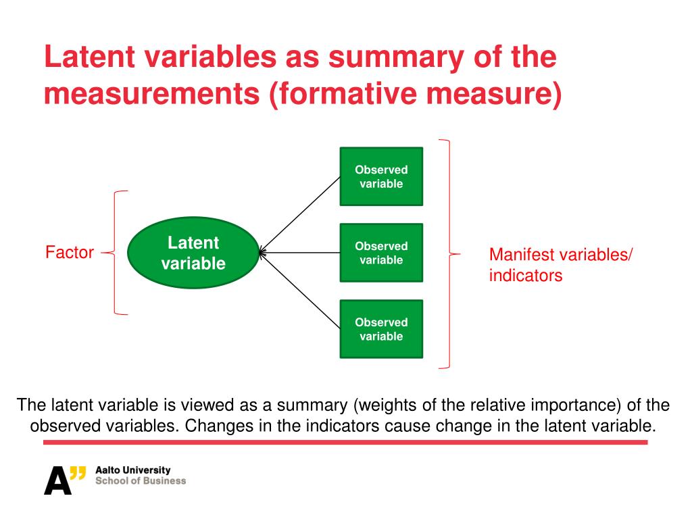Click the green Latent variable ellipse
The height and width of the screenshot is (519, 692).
[193, 253]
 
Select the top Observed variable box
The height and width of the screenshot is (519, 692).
[381, 176]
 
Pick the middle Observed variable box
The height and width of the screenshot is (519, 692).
[381, 253]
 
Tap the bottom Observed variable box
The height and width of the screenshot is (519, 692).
[381, 329]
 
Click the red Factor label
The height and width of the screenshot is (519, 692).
[70, 253]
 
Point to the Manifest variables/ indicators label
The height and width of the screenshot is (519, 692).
[561, 265]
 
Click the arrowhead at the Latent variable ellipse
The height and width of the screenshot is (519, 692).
[263, 253]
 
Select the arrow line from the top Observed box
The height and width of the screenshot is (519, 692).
[301, 214]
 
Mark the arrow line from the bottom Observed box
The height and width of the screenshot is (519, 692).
[301, 291]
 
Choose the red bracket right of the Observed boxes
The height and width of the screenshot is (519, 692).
[448, 254]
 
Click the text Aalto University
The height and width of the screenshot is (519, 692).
[133, 470]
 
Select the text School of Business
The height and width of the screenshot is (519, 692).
[141, 481]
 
